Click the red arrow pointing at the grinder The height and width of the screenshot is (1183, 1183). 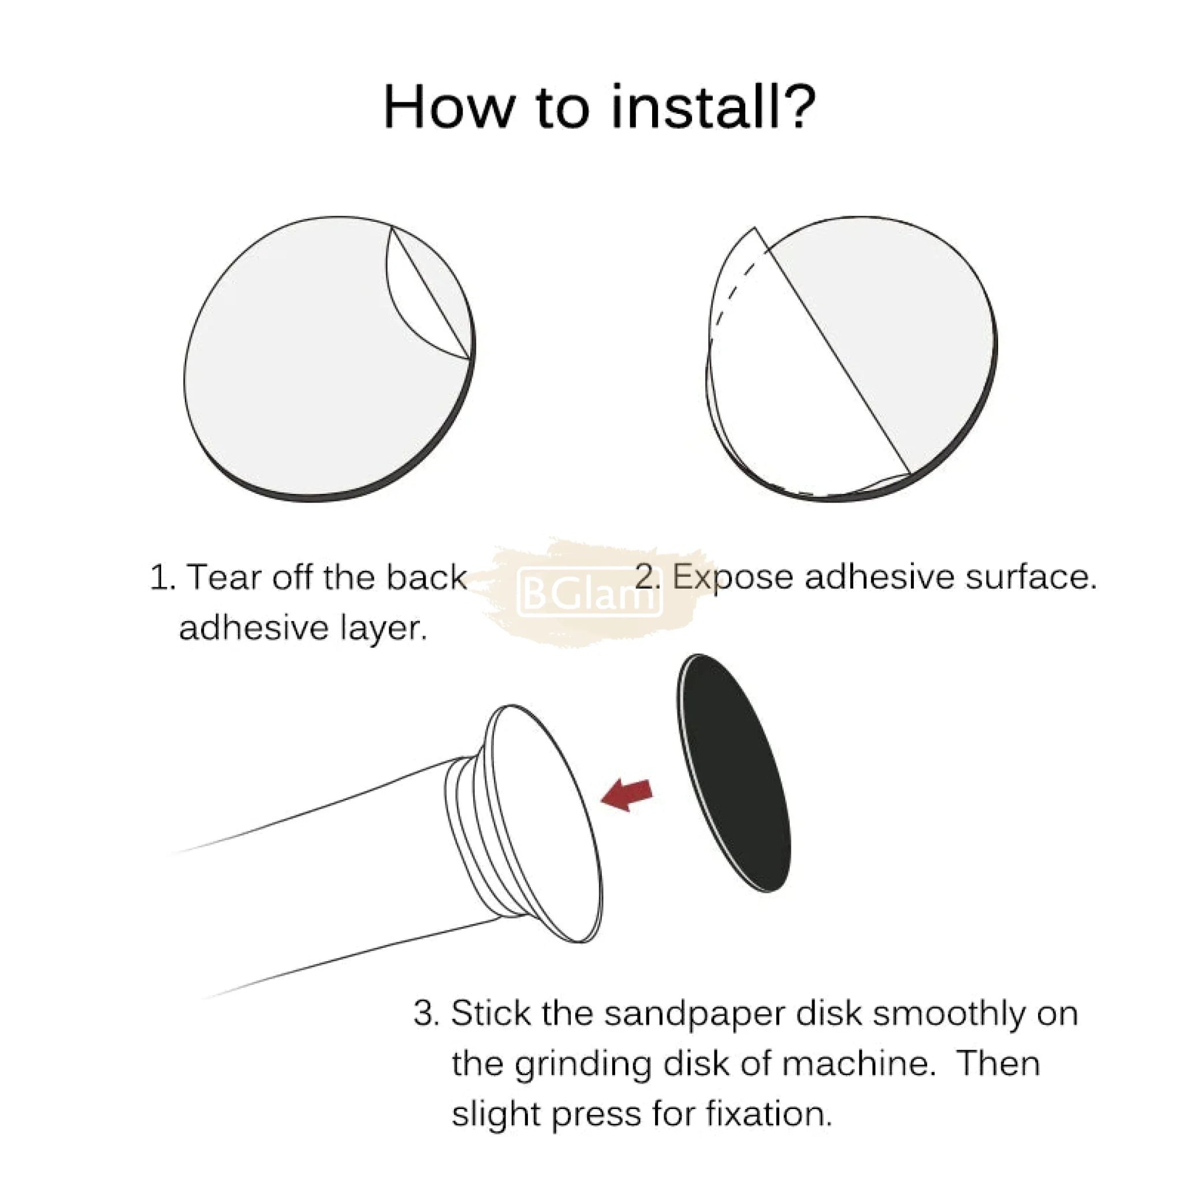coord(626,794)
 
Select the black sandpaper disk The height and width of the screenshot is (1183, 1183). coord(734,772)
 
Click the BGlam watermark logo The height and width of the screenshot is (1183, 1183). coord(589,592)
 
